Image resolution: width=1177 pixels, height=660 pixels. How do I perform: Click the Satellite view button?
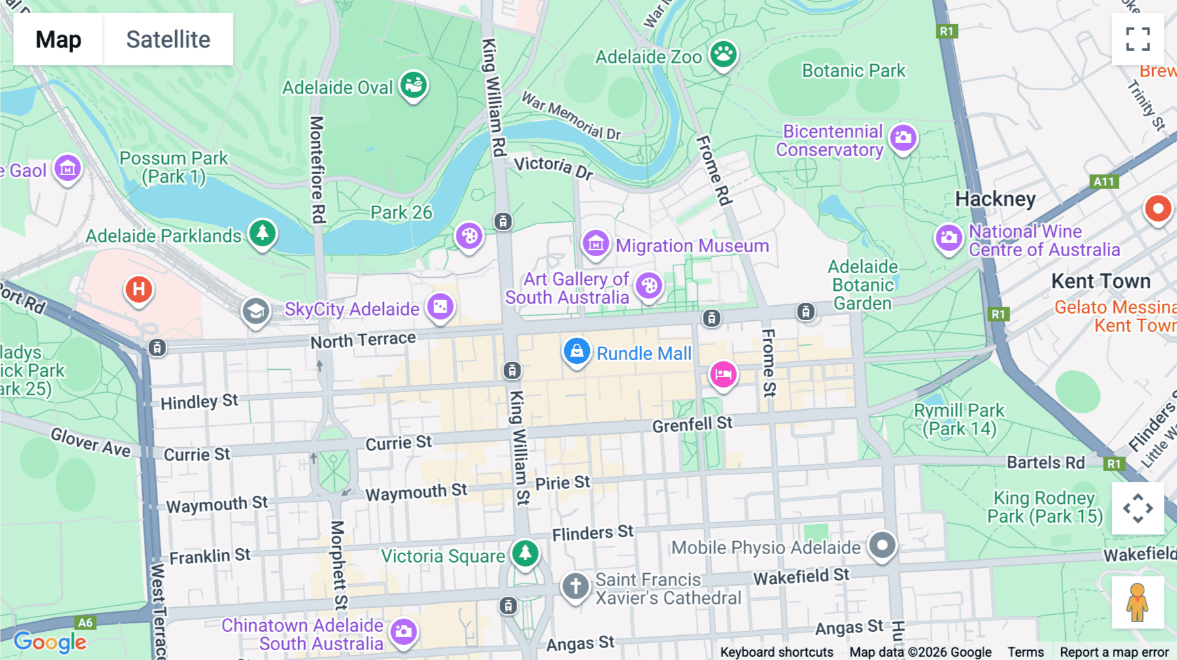tap(168, 39)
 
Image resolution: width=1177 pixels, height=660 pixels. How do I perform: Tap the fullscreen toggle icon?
tap(1138, 39)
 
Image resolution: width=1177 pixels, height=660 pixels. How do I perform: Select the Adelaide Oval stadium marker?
tap(413, 85)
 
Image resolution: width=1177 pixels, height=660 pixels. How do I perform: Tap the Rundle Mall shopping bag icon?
tap(576, 352)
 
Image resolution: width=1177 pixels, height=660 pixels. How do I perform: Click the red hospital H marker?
tap(139, 289)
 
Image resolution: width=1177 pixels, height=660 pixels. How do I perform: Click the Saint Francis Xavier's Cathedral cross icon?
tap(575, 586)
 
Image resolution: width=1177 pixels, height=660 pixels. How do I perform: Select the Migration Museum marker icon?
tap(596, 244)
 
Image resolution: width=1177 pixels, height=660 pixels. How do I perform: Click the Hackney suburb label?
tap(995, 199)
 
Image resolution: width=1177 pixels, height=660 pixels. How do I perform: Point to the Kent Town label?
tap(1100, 281)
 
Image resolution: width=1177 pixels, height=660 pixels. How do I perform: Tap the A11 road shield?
tap(1104, 182)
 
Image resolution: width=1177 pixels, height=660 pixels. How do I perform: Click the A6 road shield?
tap(86, 623)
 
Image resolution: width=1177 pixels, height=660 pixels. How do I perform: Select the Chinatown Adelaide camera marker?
tap(403, 632)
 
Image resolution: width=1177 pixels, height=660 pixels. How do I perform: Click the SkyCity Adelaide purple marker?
tap(440, 307)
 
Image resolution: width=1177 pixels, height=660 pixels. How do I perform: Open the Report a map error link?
tap(1114, 652)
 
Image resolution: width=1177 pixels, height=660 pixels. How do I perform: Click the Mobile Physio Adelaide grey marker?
tap(882, 545)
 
